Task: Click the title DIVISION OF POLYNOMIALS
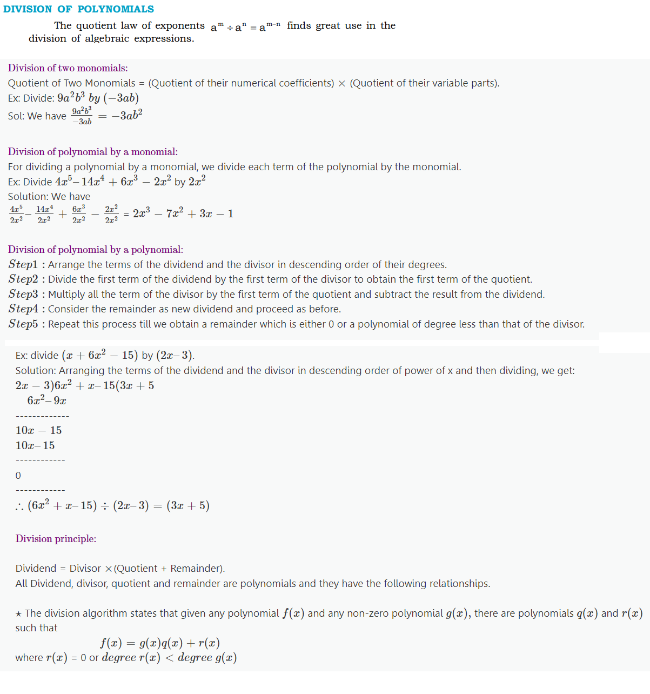78,9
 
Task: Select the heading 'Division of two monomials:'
68,68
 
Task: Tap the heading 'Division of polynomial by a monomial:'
92,152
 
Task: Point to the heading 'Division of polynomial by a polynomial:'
95,250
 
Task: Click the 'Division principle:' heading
56,539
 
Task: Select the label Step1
23,264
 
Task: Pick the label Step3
23,294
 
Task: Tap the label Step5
23,324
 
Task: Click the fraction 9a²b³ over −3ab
82,116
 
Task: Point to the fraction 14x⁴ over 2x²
44,214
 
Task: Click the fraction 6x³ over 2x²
78,214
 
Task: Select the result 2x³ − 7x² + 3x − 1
183,214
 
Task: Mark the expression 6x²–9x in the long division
46,401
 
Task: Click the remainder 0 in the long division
18,476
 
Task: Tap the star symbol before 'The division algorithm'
19,613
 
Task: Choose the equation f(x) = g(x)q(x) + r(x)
160,643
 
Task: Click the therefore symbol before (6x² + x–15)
19,506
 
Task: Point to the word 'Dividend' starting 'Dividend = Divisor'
36,569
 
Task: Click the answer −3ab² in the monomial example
127,115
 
